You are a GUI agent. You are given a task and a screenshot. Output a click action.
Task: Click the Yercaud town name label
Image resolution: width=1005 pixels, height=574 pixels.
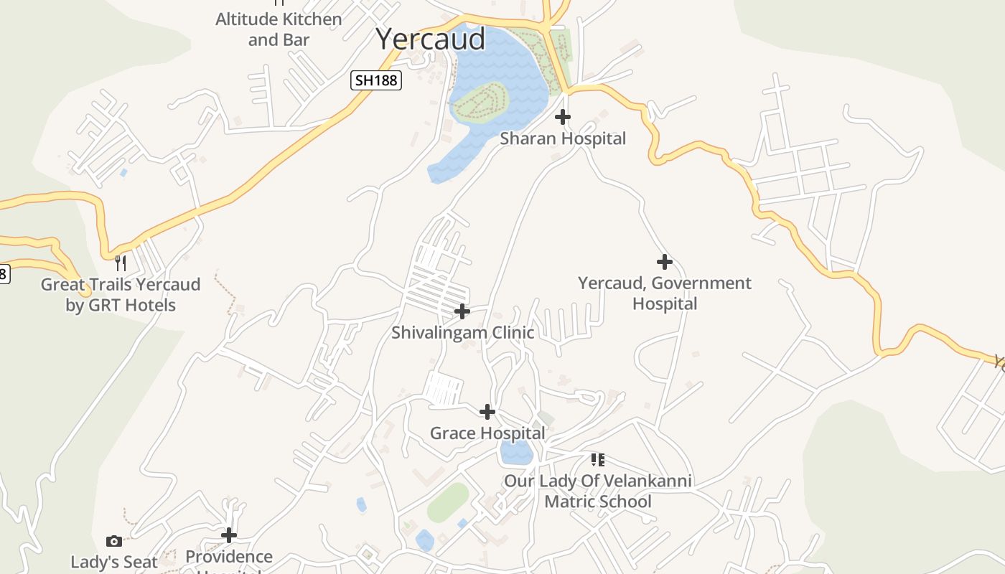431,39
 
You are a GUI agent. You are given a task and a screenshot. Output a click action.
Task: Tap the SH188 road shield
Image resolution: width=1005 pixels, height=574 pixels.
376,80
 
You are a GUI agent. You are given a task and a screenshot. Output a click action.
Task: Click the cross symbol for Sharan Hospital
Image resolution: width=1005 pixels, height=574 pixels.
563,116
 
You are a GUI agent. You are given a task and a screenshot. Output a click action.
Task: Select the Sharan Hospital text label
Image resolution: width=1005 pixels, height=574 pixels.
563,138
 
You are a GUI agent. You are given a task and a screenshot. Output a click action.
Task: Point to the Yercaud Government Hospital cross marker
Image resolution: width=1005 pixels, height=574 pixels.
665,261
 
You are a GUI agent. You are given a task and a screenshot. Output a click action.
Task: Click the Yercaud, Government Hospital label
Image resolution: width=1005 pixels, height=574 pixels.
665,293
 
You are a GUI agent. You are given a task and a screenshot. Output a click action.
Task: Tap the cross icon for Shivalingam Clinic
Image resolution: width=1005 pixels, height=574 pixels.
462,311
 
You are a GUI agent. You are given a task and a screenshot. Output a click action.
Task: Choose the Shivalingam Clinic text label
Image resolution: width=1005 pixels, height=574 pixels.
462,333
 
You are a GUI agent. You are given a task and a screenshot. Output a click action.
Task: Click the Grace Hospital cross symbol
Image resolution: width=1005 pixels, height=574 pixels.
487,412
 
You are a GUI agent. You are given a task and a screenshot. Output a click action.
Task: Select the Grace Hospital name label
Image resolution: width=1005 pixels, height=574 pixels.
487,433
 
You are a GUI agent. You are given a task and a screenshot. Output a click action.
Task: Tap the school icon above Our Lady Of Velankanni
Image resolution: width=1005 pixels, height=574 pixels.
597,459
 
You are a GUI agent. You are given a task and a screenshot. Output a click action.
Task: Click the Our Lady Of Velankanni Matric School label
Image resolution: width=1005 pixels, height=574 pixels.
597,491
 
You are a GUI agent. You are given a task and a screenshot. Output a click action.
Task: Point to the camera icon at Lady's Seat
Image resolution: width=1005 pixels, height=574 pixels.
114,541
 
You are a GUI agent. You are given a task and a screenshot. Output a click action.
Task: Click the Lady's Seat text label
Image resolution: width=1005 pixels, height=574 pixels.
114,562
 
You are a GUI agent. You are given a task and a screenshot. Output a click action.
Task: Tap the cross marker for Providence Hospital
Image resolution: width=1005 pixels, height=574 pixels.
229,535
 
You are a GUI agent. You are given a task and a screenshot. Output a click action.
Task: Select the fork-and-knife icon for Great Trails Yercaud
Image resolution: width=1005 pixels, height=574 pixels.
121,263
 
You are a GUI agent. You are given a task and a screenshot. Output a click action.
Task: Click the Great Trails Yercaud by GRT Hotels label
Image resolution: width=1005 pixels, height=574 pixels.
121,294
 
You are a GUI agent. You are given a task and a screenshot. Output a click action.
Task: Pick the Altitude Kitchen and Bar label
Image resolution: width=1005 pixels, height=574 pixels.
279,29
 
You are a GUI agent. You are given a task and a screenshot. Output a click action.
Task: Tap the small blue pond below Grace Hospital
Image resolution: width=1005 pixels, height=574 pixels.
516,453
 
